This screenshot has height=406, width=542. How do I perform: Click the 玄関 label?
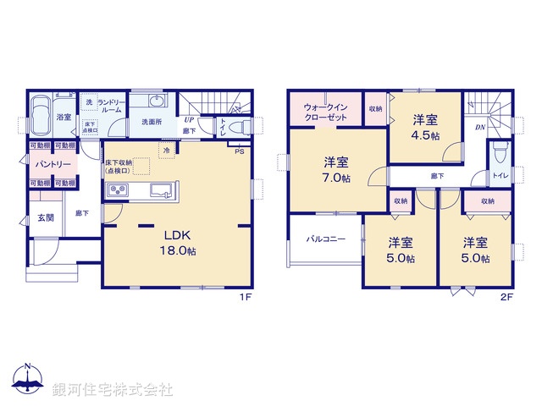pyautogui.click(x=46, y=218)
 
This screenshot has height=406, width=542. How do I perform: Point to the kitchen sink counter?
pyautogui.click(x=141, y=191)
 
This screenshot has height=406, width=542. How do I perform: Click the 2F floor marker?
pyautogui.click(x=506, y=297)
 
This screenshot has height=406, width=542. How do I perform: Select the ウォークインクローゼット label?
pyautogui.click(x=325, y=112)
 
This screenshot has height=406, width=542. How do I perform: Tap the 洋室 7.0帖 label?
pyautogui.click(x=336, y=171)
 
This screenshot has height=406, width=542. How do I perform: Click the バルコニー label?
pyautogui.click(x=325, y=239)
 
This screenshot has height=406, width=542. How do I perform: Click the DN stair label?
pyautogui.click(x=479, y=128)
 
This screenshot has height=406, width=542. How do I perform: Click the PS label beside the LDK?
pyautogui.click(x=240, y=151)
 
